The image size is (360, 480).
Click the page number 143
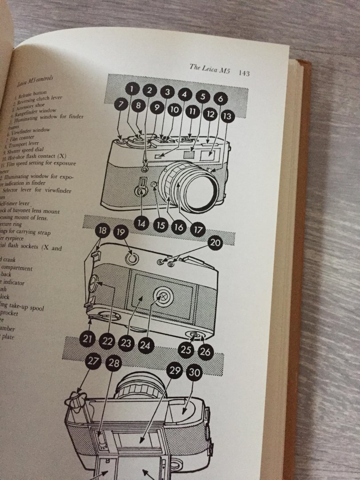coord(244,73)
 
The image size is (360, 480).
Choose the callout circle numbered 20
coord(215,243)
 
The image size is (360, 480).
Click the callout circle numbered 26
coord(205,352)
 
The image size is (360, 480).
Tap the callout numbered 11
coord(192,112)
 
